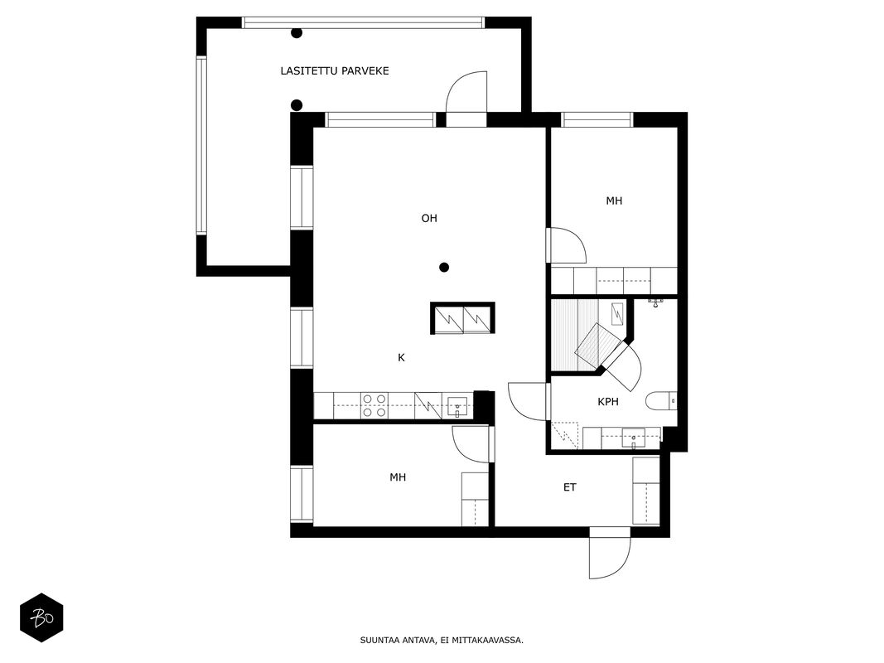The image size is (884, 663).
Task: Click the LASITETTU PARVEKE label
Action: click(x=335, y=71)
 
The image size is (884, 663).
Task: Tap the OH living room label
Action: click(x=429, y=218)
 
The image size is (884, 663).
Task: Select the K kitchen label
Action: click(x=402, y=357)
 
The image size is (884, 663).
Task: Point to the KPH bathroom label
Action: click(x=608, y=402)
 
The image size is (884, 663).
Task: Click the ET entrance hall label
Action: click(x=570, y=487)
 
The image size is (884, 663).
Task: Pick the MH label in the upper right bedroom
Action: click(x=614, y=201)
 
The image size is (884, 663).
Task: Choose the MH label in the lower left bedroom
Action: click(x=398, y=477)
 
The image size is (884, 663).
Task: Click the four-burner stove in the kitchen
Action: click(x=374, y=406)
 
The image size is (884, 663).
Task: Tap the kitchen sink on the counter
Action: click(x=457, y=406)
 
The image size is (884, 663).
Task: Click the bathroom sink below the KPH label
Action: click(x=633, y=438)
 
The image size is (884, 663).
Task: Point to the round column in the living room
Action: click(x=444, y=267)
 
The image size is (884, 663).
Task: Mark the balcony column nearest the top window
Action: click(x=297, y=32)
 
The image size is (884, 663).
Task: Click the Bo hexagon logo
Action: click(x=41, y=617)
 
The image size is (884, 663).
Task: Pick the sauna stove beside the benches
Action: click(x=618, y=314)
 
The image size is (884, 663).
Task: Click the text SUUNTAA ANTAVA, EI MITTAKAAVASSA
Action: click(x=442, y=641)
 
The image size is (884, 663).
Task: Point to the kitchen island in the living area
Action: click(x=463, y=318)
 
